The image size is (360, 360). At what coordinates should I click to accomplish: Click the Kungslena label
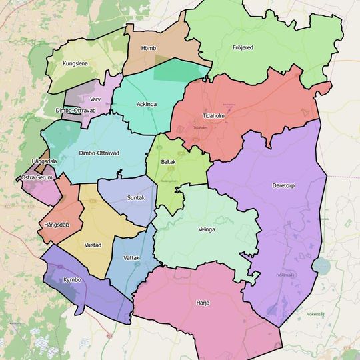pyautogui.click(x=75, y=64)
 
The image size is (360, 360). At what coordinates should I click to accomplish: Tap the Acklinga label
pyautogui.click(x=147, y=105)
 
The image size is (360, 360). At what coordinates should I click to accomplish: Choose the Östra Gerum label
pyautogui.click(x=37, y=177)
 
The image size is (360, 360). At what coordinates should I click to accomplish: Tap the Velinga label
pyautogui.click(x=207, y=229)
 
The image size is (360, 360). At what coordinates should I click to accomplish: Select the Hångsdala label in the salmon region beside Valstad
pyautogui.click(x=57, y=225)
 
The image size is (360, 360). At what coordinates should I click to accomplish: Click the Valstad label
pyautogui.click(x=93, y=245)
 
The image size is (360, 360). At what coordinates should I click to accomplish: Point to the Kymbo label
pyautogui.click(x=72, y=279)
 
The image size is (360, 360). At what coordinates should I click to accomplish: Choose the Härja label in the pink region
pyautogui.click(x=203, y=303)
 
